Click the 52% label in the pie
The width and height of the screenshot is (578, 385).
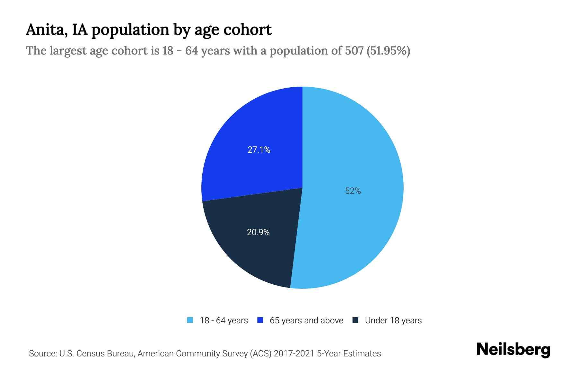tap(353, 191)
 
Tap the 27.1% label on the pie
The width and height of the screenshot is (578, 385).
tap(259, 150)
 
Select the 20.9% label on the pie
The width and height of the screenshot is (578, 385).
tap(258, 232)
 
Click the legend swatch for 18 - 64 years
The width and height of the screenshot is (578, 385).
tap(190, 320)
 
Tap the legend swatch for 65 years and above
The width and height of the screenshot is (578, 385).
tap(260, 320)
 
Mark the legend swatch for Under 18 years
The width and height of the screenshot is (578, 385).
tap(355, 320)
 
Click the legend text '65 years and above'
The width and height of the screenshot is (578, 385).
tap(306, 321)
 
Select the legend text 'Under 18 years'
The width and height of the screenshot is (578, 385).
tap(393, 321)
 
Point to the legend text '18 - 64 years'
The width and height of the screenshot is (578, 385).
tap(224, 321)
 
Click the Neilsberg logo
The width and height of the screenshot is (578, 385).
tap(513, 350)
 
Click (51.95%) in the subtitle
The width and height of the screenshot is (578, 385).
tap(388, 51)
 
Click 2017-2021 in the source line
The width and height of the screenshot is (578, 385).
tap(294, 354)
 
